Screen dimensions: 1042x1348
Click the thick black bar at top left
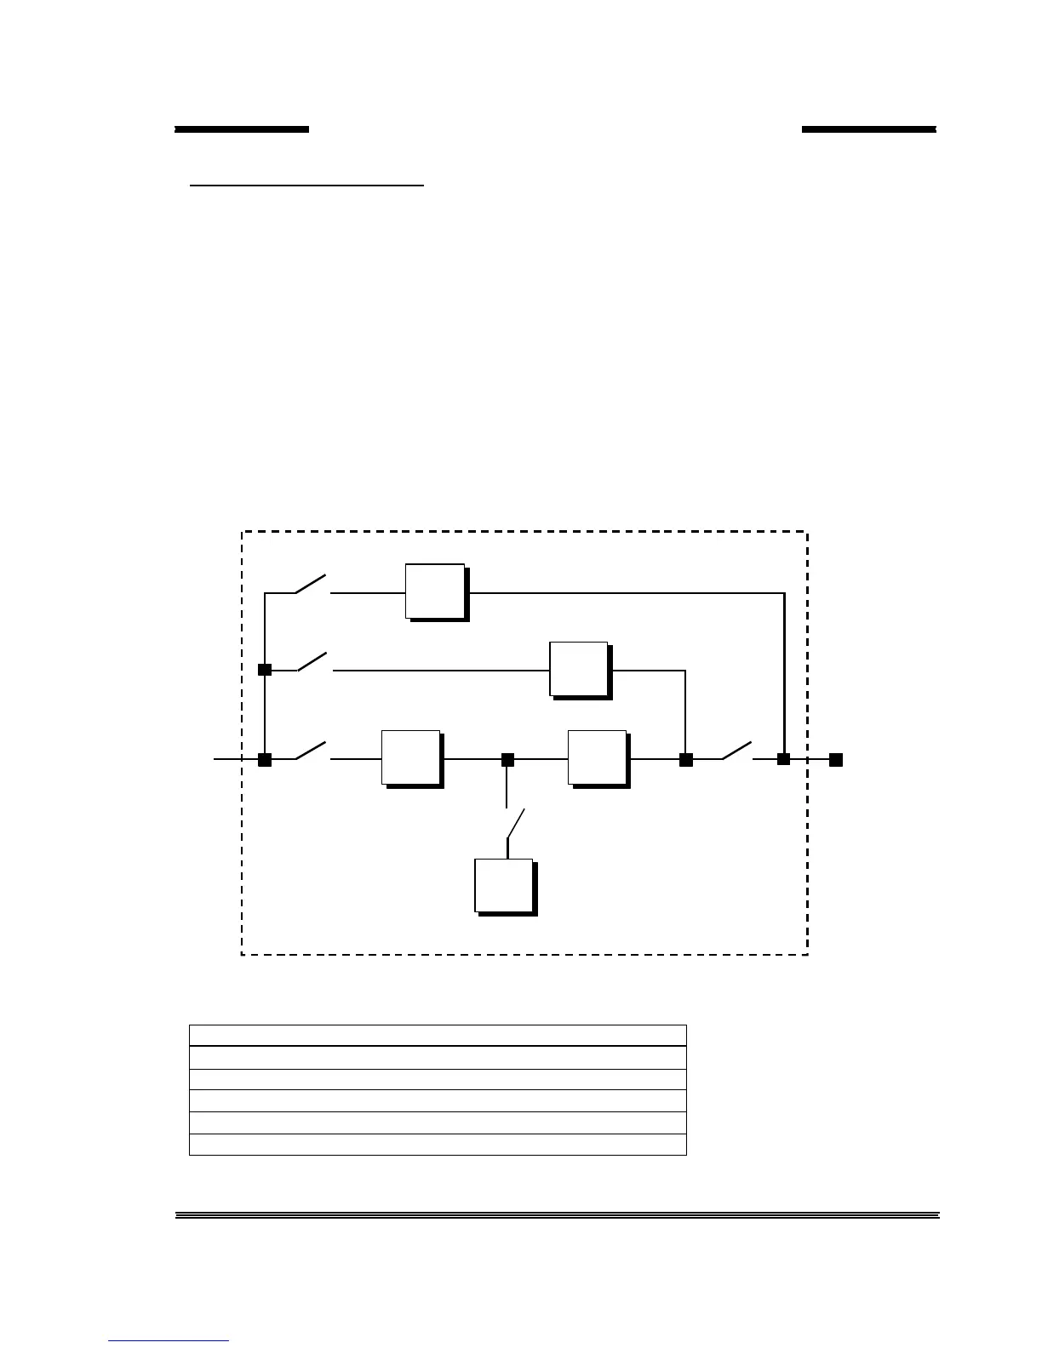[242, 129]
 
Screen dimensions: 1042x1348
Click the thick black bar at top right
[868, 129]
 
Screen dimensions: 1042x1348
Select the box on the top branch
[435, 591]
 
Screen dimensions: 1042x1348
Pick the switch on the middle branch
[313, 662]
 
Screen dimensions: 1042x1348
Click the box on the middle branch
[579, 669]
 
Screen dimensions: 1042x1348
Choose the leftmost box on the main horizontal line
[411, 757]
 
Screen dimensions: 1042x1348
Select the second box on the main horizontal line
[598, 757]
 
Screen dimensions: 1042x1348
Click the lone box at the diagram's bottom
[504, 886]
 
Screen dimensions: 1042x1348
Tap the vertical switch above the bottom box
[514, 824]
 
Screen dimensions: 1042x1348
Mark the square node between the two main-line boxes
[507, 759]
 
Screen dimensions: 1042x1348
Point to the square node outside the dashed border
[836, 759]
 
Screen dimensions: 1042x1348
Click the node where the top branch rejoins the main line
[784, 759]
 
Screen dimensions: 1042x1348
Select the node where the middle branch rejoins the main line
[685, 759]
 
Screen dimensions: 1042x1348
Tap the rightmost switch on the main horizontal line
[737, 751]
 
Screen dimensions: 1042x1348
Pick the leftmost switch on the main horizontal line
[312, 751]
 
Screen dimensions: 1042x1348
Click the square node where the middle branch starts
[265, 670]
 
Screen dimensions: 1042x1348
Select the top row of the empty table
[438, 1035]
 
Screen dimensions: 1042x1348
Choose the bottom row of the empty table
[438, 1144]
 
